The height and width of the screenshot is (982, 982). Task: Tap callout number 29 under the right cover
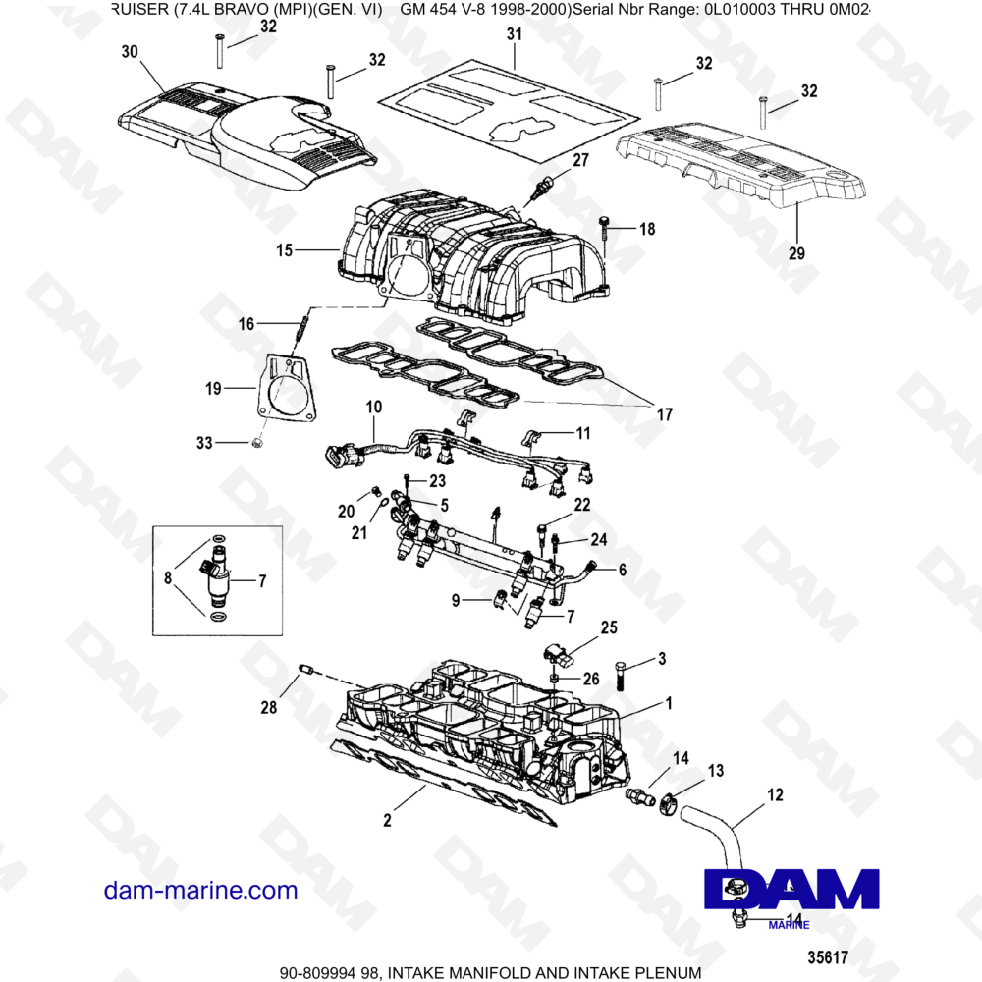pyautogui.click(x=796, y=252)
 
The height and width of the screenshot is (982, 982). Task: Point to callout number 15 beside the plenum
pyautogui.click(x=284, y=251)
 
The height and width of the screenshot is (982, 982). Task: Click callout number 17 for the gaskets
pyautogui.click(x=664, y=415)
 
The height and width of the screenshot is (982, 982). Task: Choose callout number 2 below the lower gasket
pyautogui.click(x=387, y=820)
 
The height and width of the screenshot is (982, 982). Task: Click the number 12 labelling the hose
pyautogui.click(x=775, y=794)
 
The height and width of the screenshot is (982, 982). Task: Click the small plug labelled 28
pyautogui.click(x=304, y=670)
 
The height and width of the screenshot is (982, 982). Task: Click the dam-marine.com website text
pyautogui.click(x=200, y=891)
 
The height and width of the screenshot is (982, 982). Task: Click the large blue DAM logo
pyautogui.click(x=791, y=888)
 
